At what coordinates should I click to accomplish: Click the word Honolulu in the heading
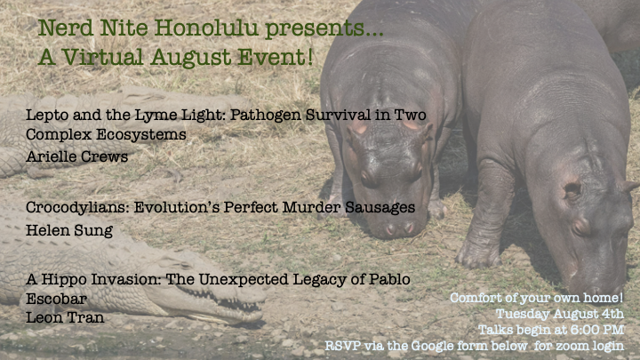pos(206,28)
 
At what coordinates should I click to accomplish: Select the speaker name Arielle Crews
pos(76,156)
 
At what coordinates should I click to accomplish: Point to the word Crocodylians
pos(77,208)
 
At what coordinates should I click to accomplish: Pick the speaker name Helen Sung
pos(69,230)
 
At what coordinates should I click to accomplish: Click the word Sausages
pos(380,208)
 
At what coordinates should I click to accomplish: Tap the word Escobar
pos(56,299)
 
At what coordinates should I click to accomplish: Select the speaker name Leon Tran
pos(65,317)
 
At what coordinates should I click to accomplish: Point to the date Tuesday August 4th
pos(560,314)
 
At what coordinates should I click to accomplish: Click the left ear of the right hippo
pos(573,189)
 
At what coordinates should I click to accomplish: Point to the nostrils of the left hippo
pos(399,229)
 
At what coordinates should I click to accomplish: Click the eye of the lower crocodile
pos(179,265)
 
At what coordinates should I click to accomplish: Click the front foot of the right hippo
pos(478,255)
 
